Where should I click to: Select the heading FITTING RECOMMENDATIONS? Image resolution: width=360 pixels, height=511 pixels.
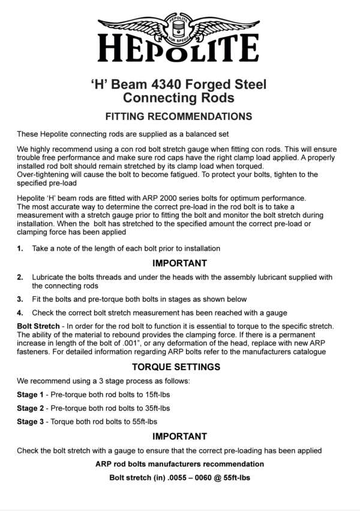coord(179,116)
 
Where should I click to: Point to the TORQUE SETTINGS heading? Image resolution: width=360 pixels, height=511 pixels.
coord(179,366)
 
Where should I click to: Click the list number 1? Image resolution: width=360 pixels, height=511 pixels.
coord(20,248)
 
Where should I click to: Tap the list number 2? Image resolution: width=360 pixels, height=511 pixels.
coord(20,277)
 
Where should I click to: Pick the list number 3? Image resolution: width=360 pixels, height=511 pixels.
coord(20,299)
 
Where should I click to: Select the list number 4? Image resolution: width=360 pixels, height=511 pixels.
coord(20,312)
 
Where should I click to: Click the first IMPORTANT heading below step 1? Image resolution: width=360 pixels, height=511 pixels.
coord(179,263)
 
